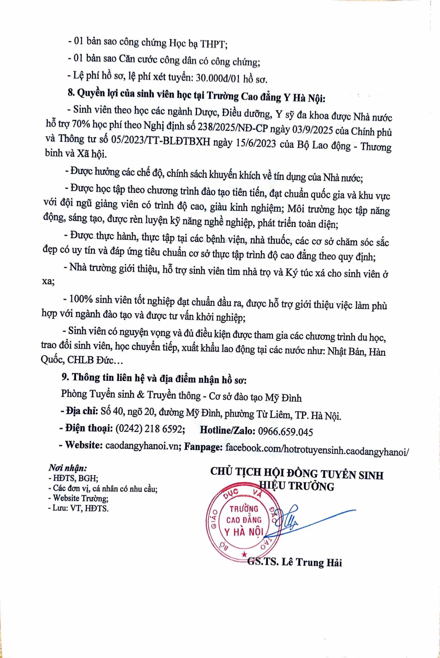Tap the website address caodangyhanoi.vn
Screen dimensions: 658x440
click(143, 446)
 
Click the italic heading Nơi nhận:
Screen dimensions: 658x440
click(68, 468)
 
